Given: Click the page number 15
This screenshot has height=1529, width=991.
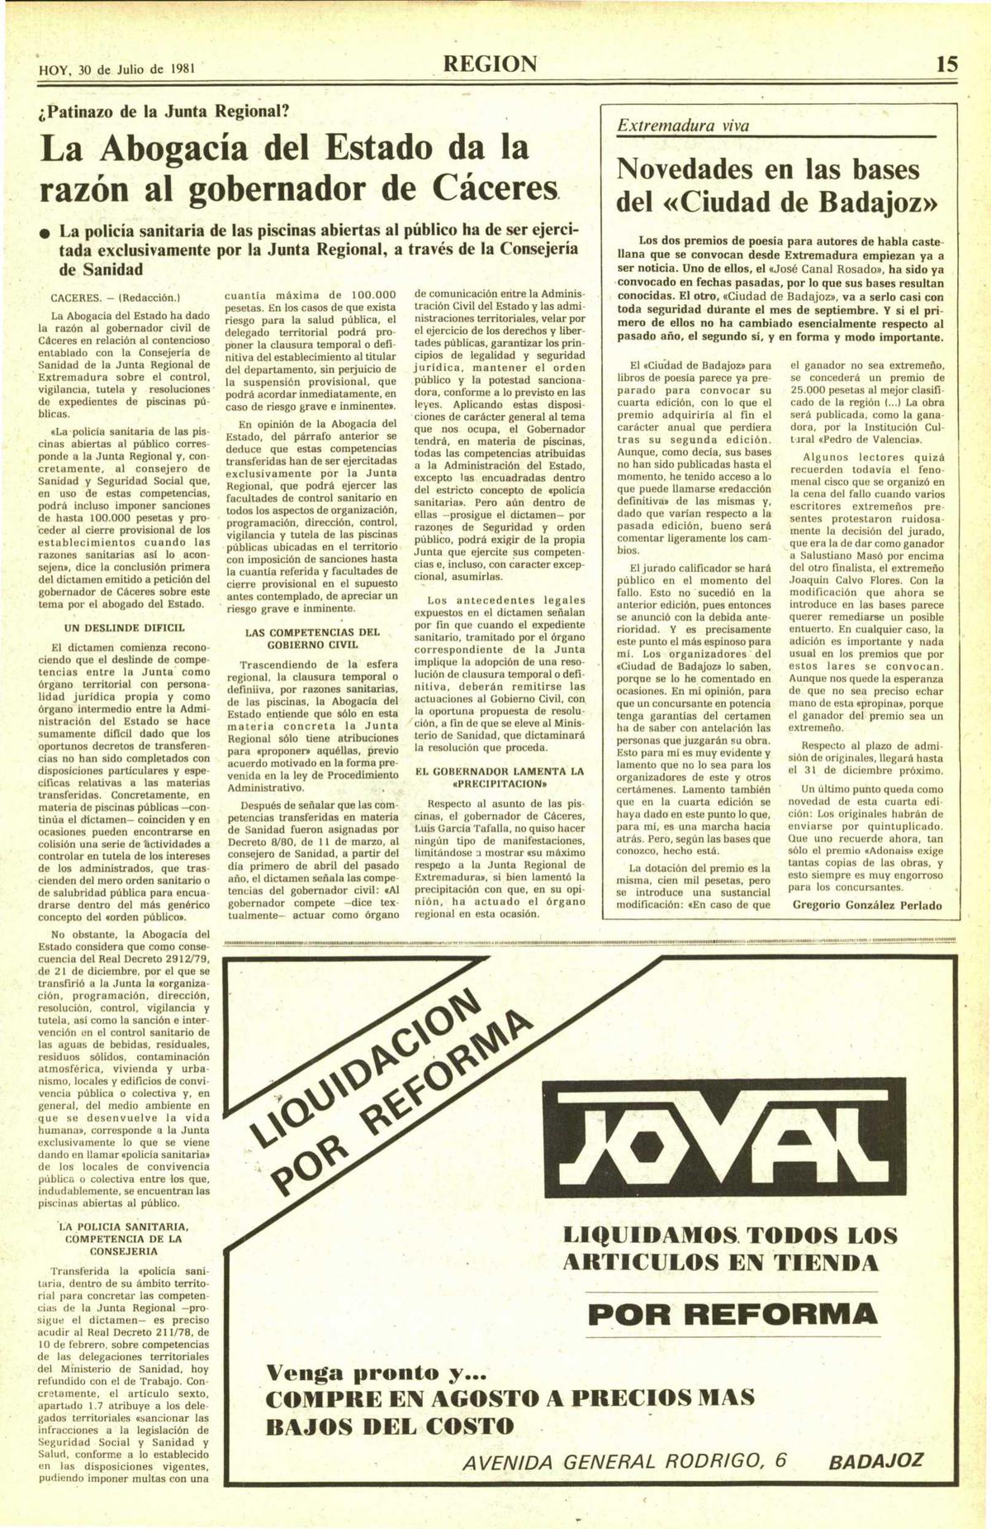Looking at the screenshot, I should coord(947,64).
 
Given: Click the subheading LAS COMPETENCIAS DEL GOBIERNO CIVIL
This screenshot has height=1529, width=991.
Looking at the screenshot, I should coord(313,638).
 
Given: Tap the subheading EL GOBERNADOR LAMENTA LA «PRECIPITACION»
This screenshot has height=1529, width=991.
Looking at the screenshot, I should coord(499,777).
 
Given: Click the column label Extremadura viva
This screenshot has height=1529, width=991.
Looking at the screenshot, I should coord(684,126).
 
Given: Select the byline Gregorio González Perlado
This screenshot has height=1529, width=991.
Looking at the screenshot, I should coord(866,905).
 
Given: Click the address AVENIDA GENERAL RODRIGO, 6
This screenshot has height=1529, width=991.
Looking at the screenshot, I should coord(624,1461).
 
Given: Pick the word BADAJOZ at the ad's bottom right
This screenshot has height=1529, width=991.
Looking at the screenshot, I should coord(875,1461).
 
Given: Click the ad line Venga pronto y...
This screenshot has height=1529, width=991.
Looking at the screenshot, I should coord(376,1374).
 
